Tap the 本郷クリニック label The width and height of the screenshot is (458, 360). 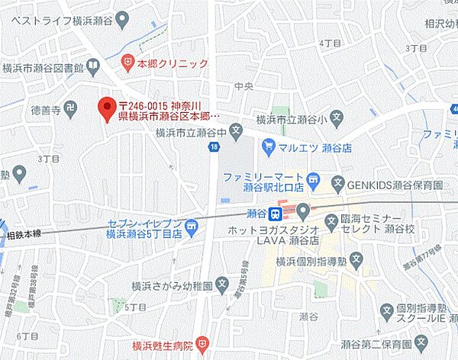[173, 64]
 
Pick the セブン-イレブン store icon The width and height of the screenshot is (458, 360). [193, 224]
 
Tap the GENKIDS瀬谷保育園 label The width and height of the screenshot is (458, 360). [394, 183]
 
